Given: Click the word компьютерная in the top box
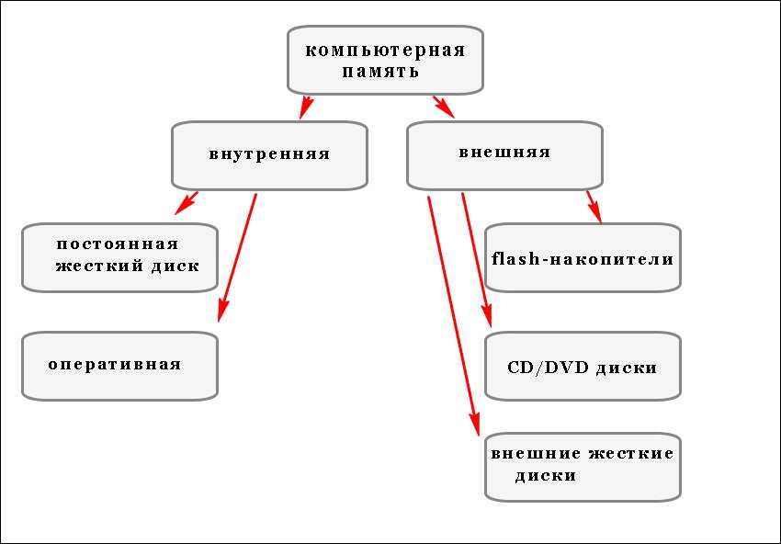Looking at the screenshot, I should coord(385,50).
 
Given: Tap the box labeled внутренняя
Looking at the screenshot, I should coord(269,154).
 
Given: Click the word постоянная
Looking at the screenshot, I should coord(117,244).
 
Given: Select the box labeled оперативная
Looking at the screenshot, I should coord(115,365).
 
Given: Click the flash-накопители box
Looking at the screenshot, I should coord(583,259).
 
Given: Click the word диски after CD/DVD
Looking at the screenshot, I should coord(627,368).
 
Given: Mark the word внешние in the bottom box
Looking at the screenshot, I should coord(536,453).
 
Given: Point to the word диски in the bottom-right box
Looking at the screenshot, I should coord(545,476).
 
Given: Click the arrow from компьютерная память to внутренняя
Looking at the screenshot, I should coord(307,106).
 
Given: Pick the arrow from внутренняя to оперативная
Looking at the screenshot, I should coord(237,257).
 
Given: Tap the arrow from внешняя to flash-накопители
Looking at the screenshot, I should coord(594,207).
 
